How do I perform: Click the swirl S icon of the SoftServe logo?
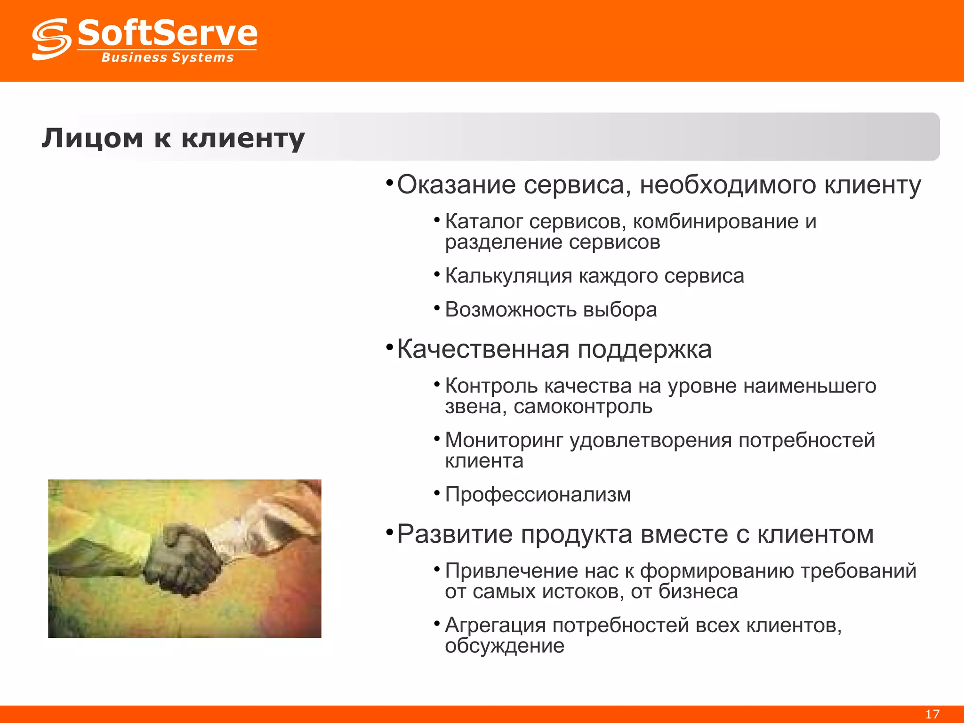point(51,39)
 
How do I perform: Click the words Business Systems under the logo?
point(168,57)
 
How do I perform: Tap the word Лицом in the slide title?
point(92,138)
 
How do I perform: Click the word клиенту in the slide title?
point(243,138)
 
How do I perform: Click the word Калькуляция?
point(508,276)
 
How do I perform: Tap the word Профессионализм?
point(538,495)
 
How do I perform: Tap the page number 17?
point(932,714)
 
